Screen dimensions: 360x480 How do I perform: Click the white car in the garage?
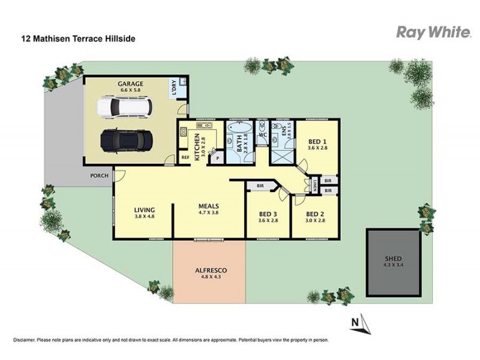point(125,108)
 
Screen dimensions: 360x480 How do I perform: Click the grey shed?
point(394,262)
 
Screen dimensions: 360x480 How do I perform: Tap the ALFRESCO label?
point(209,270)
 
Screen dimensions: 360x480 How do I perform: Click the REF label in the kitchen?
point(185,158)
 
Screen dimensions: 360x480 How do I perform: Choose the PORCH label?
point(99,176)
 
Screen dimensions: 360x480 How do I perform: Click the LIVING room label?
point(145,209)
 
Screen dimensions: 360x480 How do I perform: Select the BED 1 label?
point(316,142)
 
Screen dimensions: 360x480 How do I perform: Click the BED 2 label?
point(315,214)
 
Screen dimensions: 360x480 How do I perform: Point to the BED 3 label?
point(268,214)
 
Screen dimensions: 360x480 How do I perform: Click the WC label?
point(262,135)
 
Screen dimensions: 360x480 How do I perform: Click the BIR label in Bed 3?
point(260,186)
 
